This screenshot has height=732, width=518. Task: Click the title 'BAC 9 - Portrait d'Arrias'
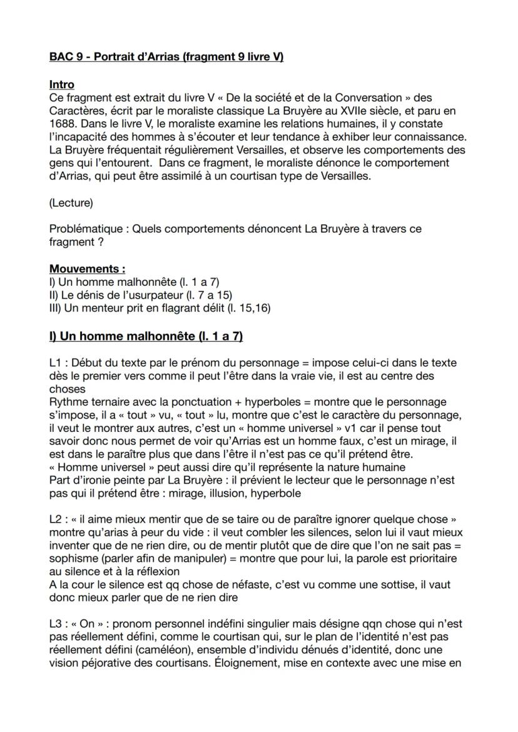[x=166, y=58]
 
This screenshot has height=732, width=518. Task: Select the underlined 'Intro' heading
[x=61, y=84]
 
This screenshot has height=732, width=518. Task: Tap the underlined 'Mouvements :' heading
[x=87, y=269]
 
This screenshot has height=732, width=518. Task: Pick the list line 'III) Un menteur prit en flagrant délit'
[x=160, y=308]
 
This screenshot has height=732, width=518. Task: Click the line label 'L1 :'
[x=60, y=363]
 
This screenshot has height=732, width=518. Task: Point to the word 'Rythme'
[x=67, y=403]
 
